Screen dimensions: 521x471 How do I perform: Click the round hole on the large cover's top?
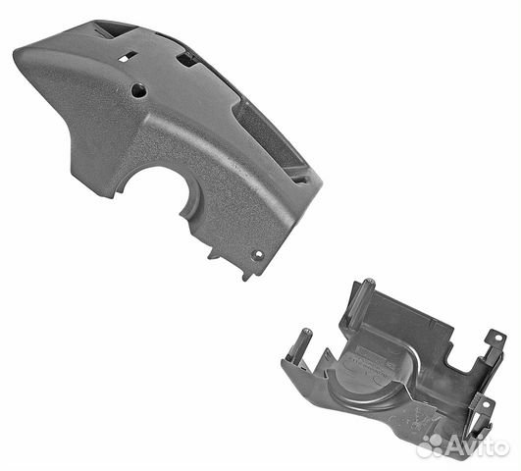click(139, 90)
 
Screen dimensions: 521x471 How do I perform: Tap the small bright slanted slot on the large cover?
click(127, 56)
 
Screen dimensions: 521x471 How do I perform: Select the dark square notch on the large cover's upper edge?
click(186, 60)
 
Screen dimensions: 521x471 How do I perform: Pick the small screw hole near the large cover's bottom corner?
click(258, 255)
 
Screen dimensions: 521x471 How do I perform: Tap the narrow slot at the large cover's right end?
click(300, 180)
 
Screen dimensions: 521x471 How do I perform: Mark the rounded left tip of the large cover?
click(18, 57)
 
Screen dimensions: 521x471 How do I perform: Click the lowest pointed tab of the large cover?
click(246, 277)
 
